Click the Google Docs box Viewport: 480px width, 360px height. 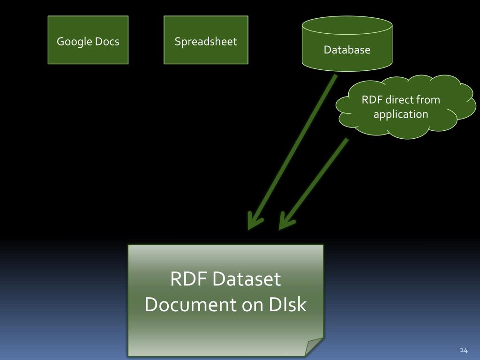tap(88, 40)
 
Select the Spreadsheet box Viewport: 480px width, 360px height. tap(206, 40)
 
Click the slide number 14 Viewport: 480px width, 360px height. tap(464, 350)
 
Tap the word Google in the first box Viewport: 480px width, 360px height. tap(74, 42)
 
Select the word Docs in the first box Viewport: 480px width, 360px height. tap(107, 42)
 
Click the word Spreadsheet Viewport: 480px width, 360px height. tap(206, 42)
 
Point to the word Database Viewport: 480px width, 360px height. tap(347, 50)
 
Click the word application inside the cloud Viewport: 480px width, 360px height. tap(401, 114)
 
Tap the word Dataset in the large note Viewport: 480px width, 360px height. tap(246, 279)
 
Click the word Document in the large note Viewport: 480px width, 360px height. tap(190, 305)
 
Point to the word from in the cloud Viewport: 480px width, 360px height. tap(427, 100)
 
